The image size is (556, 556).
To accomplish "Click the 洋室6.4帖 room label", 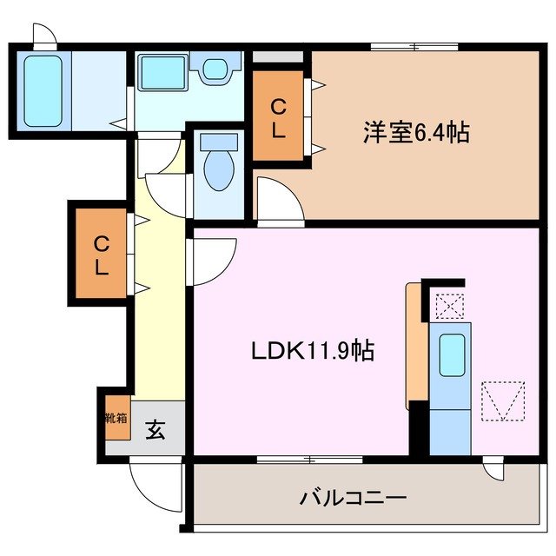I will [416, 133].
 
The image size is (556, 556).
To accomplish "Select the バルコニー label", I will [354, 499].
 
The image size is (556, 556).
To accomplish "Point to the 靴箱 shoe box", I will [115, 420].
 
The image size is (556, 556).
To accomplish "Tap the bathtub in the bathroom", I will [42, 89].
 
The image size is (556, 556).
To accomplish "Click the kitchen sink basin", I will [452, 354].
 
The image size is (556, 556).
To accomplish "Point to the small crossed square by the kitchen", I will [449, 307].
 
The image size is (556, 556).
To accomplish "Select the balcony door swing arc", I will [496, 470].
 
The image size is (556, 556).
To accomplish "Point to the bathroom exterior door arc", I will [44, 34].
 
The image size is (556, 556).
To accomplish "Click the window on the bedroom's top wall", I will [414, 46].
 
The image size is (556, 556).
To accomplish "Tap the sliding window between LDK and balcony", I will [309, 458].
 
